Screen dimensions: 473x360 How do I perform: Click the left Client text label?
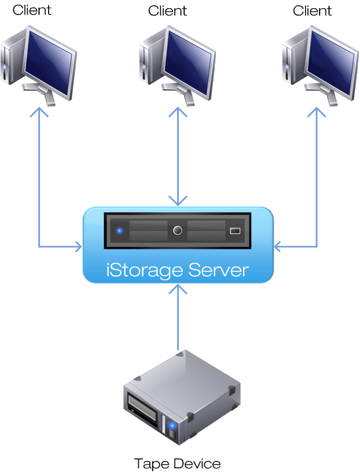pos(32,10)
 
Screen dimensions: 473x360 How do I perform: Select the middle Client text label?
pos(168,10)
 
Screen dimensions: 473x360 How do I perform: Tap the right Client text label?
pos(312,10)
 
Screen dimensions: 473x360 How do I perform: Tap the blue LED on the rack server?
pos(120,230)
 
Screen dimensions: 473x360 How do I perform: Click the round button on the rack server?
pos(178,230)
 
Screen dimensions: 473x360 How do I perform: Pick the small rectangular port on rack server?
pos(235,230)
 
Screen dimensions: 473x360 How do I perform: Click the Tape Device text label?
pos(177,463)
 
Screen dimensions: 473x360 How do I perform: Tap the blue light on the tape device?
pos(172,427)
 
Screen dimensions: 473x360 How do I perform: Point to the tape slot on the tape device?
pos(142,412)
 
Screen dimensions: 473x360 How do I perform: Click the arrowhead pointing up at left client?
pos(39,111)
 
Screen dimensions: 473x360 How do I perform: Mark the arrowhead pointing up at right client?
pos(317,111)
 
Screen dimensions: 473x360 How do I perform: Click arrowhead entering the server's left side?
pos(78,247)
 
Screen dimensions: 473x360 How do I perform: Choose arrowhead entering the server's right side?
pos(278,247)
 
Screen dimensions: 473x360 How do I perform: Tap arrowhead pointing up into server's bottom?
pos(178,287)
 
